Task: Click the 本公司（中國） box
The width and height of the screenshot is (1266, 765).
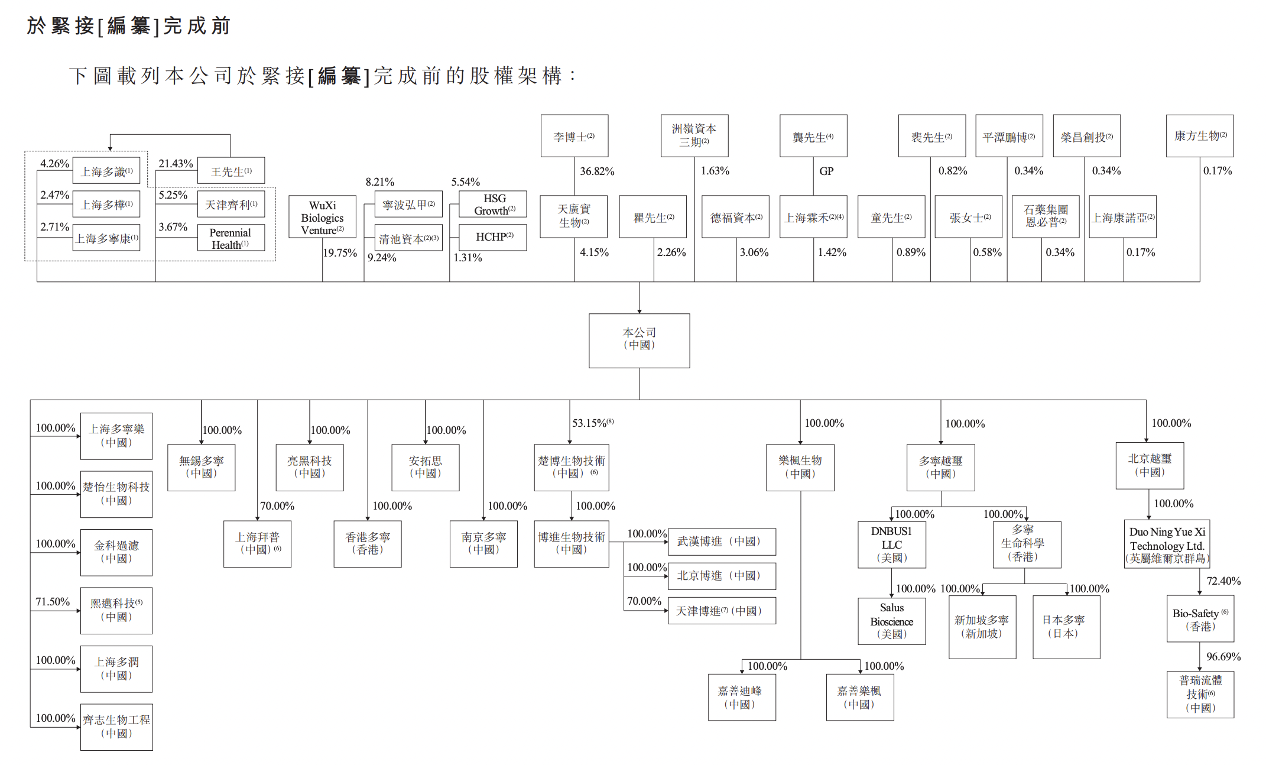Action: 639,340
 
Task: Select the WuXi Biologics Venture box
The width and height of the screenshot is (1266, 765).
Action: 322,217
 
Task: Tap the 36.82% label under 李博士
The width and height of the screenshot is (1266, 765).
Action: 597,171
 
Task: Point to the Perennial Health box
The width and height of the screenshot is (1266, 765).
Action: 231,238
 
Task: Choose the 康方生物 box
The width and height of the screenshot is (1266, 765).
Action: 1199,136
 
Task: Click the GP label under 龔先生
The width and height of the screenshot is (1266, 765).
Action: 826,171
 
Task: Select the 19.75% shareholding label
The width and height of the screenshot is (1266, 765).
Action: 340,253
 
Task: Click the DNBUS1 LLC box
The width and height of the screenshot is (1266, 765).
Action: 891,544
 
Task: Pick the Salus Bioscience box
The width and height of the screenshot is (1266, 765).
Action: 891,621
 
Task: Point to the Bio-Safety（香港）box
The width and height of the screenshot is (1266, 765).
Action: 1200,619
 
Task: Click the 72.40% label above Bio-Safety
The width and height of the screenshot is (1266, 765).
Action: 1223,581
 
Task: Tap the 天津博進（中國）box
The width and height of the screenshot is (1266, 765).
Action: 721,611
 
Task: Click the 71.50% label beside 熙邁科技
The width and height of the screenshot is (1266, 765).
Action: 53,602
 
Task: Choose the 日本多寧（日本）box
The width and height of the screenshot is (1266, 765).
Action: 1066,627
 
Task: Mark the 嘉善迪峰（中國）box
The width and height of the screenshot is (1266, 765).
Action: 742,697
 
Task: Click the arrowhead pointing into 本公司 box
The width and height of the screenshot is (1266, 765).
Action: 639,310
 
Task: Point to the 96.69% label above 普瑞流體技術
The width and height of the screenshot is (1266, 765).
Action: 1223,657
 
